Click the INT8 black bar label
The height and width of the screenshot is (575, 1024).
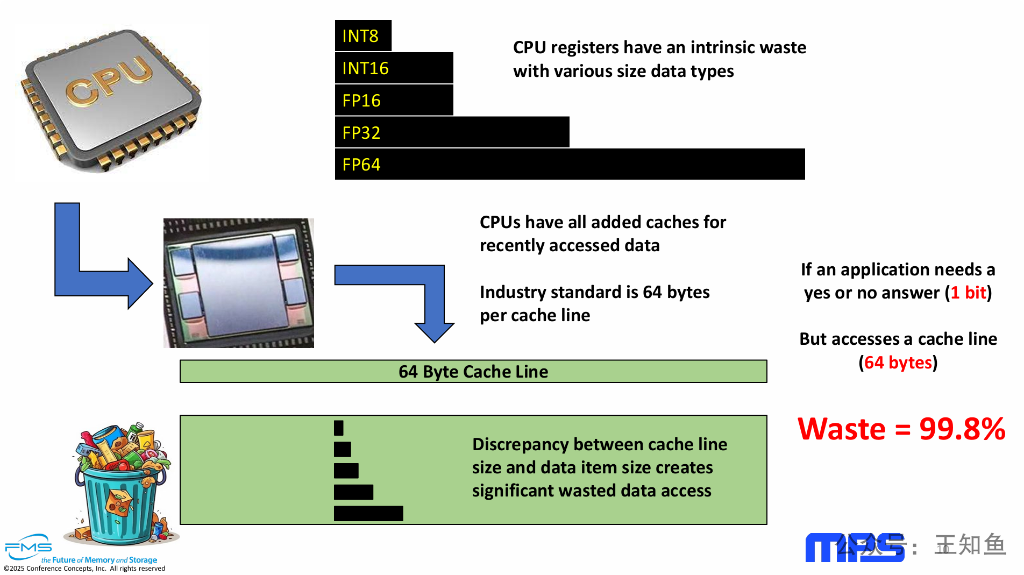pos(360,36)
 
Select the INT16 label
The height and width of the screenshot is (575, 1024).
pos(365,68)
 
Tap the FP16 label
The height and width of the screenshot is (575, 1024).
pos(361,101)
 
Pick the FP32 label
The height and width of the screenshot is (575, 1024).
pos(361,133)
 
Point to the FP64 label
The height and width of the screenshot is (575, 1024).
pos(361,165)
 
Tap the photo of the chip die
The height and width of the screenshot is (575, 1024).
pos(239,283)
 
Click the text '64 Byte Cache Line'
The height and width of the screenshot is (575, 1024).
pos(473,372)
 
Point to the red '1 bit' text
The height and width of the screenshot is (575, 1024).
pos(968,293)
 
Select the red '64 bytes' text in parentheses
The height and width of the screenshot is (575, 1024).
pos(898,363)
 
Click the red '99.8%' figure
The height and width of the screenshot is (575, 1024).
pos(962,429)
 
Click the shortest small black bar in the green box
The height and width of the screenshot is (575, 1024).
pos(338,428)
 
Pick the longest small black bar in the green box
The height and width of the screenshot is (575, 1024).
pos(368,514)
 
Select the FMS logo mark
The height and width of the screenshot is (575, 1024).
pos(29,547)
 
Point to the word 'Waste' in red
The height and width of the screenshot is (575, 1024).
pos(841,429)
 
